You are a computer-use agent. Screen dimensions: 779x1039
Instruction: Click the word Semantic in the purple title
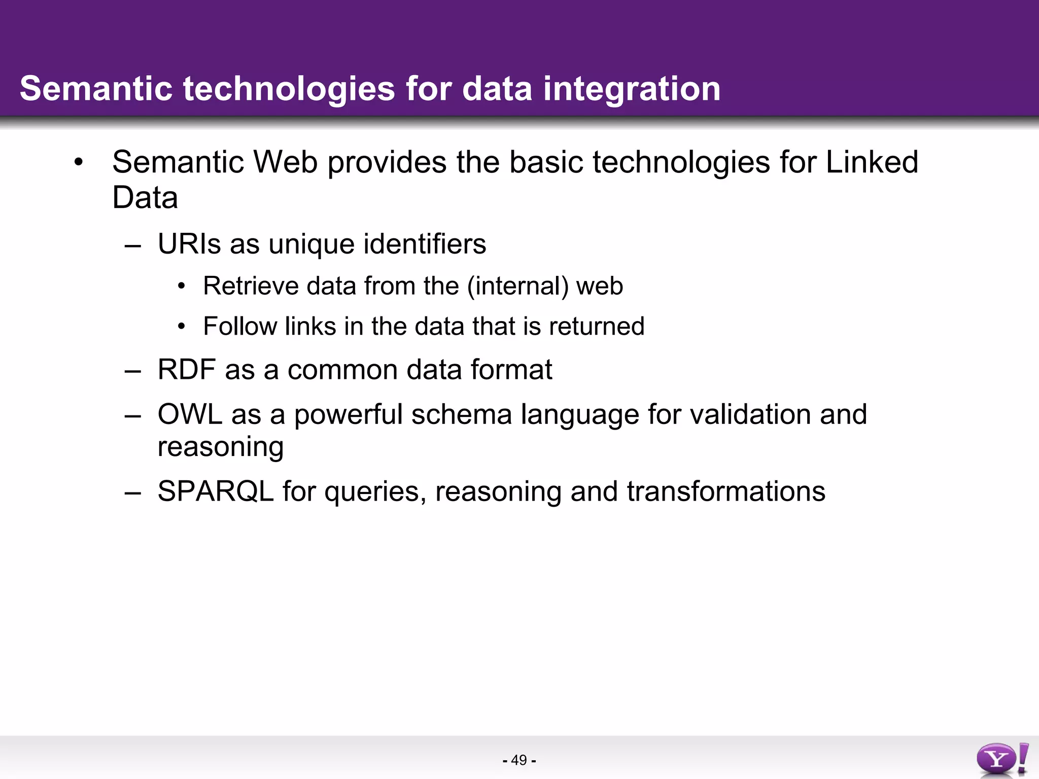96,89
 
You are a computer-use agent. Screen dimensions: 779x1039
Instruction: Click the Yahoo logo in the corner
1002,760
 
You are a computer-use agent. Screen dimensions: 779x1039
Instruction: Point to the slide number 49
519,760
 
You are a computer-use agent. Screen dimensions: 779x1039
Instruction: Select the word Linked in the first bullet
872,162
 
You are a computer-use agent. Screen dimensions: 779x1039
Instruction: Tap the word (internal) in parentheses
518,286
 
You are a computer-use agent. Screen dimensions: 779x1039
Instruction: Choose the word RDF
187,369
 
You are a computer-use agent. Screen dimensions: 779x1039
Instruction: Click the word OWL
190,414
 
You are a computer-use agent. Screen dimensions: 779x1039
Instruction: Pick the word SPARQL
216,491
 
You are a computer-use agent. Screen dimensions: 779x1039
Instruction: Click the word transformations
725,491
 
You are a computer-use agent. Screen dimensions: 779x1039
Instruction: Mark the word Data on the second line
145,198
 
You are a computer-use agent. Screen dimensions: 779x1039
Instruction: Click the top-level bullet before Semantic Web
78,163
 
